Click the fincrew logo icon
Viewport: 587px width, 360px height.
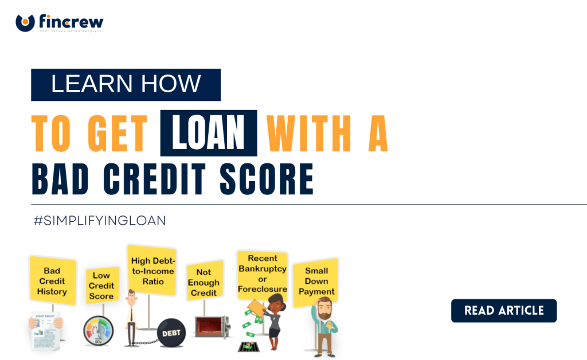point(25,23)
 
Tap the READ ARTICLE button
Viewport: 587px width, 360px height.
point(503,311)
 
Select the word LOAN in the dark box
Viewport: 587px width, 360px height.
point(209,134)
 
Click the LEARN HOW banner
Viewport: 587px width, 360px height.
point(126,84)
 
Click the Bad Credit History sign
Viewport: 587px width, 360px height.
point(52,281)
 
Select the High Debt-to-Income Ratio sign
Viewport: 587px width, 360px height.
point(151,271)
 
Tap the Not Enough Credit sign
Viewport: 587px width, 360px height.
point(204,283)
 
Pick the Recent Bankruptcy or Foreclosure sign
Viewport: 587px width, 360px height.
point(263,273)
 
